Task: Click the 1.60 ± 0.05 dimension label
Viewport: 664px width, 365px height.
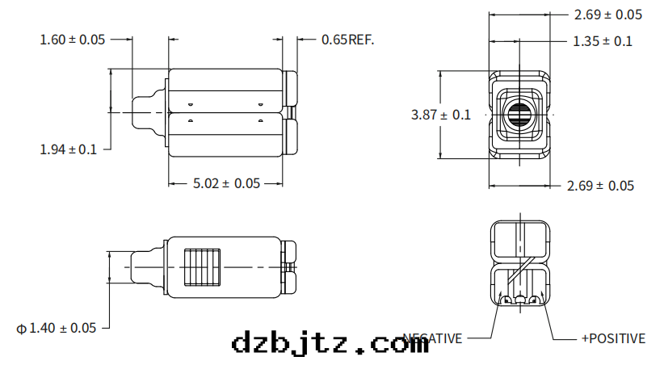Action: [x=73, y=39]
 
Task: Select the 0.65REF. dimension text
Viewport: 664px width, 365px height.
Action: [x=347, y=39]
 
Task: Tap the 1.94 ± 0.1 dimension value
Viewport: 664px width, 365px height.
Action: [x=68, y=149]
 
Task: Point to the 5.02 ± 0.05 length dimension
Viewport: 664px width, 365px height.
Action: [x=226, y=183]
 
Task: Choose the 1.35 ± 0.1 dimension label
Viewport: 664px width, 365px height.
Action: [x=603, y=40]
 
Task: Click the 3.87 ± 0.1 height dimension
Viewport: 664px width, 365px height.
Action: [x=440, y=115]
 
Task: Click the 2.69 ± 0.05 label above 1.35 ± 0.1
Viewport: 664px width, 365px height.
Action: [x=607, y=15]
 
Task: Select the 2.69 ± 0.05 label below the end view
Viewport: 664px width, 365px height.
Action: [x=600, y=186]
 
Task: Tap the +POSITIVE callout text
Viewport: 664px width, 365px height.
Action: [x=613, y=338]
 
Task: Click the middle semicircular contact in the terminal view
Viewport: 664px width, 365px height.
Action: [x=520, y=301]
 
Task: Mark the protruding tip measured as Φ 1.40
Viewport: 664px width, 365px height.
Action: [x=145, y=266]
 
